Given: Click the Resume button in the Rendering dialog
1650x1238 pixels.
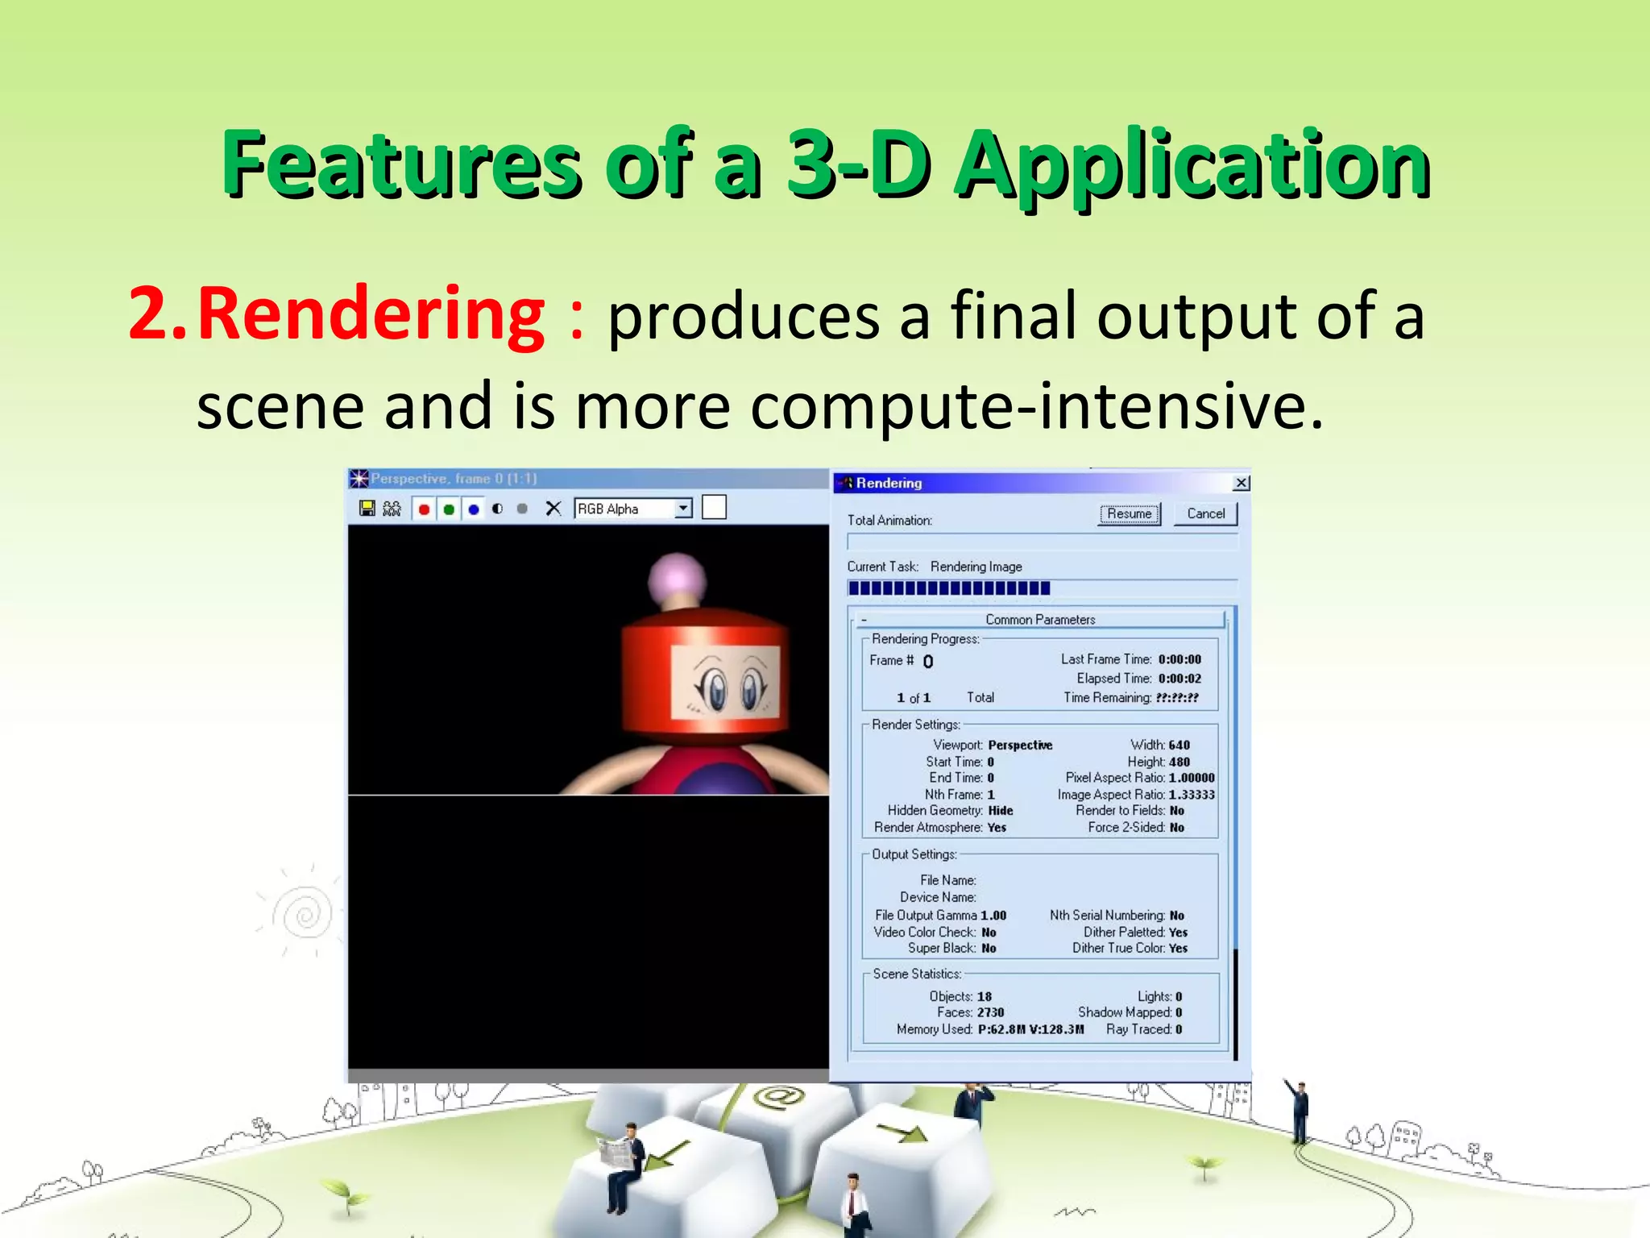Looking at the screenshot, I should [1129, 514].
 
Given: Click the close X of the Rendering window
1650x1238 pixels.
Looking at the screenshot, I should [1242, 483].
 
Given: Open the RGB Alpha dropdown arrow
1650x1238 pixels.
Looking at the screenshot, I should [683, 509].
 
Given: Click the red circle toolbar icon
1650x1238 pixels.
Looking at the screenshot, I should [424, 509].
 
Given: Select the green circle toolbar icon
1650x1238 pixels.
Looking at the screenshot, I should [449, 509].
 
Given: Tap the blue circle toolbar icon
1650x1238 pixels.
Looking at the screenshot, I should [474, 509].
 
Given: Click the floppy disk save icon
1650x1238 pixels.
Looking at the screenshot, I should [367, 509].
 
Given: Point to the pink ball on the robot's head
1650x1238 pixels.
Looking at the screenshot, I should [677, 577].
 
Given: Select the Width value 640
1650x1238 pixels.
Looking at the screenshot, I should [1179, 745].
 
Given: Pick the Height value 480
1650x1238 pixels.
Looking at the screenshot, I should [1179, 762].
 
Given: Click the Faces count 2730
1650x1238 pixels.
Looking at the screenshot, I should [991, 1012].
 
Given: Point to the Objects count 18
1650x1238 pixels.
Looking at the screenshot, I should [985, 996].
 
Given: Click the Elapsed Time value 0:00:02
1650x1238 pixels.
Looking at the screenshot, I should [1179, 679].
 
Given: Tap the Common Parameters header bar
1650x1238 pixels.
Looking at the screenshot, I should [1040, 620].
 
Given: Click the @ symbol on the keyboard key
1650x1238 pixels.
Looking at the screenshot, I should [778, 1096].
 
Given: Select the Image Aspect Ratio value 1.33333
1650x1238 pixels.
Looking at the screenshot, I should [1192, 795].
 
